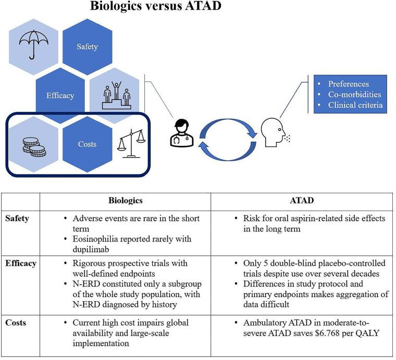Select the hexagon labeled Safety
pos(87,47)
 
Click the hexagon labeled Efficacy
pos(60,95)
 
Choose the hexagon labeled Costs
pos(87,144)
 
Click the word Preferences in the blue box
pos(348,84)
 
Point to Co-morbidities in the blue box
pos(354,94)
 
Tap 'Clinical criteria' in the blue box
pos(355,105)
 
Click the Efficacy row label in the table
pos(21,263)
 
